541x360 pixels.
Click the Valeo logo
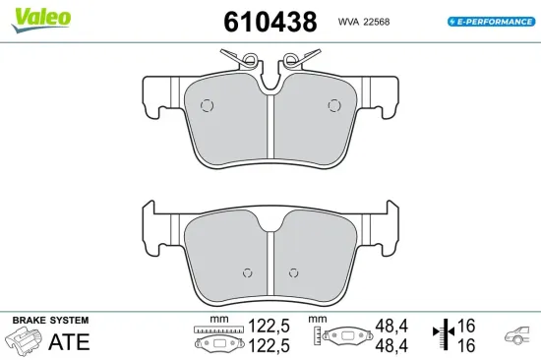(x=41, y=16)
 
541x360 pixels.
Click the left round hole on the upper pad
(x=208, y=106)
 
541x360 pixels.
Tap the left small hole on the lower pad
(x=247, y=273)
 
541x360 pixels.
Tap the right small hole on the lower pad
(x=292, y=273)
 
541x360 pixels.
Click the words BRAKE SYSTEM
(x=49, y=321)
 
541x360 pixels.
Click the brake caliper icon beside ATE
(x=25, y=340)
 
